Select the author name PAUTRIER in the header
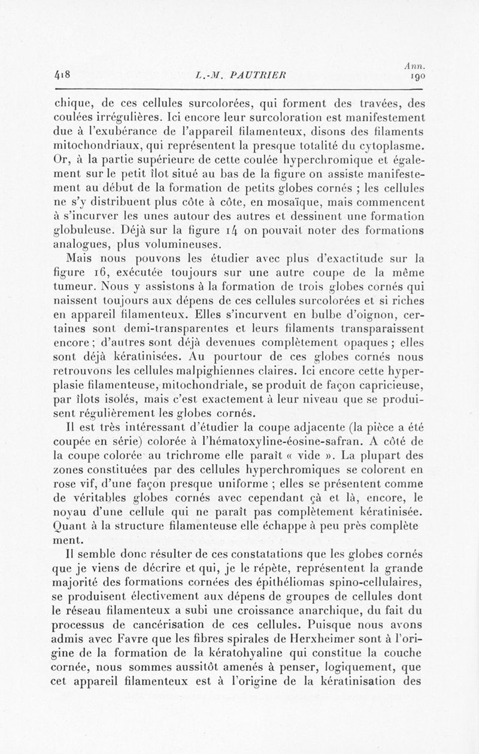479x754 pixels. (x=260, y=75)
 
